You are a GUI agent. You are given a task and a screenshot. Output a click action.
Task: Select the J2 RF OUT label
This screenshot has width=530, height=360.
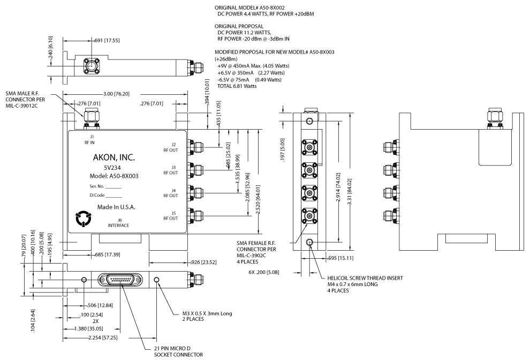173,147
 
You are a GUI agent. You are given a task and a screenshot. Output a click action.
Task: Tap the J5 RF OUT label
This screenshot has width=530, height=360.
173,215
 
